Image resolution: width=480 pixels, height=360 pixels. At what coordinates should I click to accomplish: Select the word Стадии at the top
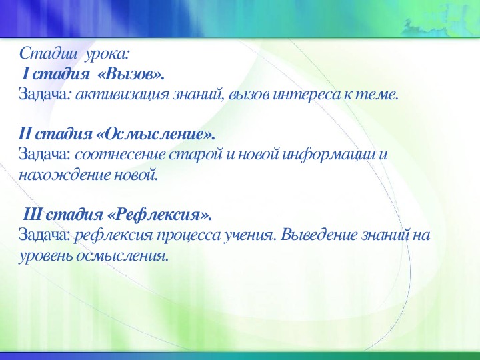click(x=39, y=53)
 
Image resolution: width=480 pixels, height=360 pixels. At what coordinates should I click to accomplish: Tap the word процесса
click(x=179, y=237)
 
